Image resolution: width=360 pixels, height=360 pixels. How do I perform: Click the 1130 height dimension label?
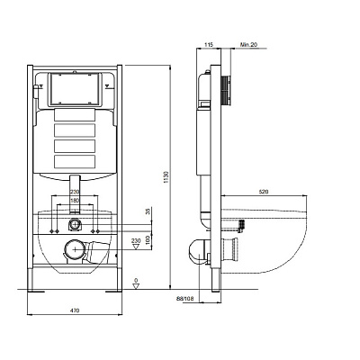(x=166, y=178)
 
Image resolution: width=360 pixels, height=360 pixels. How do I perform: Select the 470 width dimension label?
(x=76, y=310)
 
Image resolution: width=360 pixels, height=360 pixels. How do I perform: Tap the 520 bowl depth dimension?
(x=264, y=192)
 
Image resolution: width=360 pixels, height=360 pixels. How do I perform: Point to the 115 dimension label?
(x=208, y=45)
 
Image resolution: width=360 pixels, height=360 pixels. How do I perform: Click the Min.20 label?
(x=248, y=45)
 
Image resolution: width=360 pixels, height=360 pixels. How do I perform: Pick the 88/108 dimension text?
(x=185, y=299)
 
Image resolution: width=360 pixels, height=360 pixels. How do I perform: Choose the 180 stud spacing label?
(x=74, y=200)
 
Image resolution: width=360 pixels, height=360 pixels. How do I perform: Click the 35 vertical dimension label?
(x=148, y=212)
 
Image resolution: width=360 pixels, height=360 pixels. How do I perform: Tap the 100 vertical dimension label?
(x=148, y=240)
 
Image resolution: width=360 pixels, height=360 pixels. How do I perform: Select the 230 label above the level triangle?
(x=136, y=240)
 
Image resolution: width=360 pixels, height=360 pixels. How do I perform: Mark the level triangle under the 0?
(x=136, y=285)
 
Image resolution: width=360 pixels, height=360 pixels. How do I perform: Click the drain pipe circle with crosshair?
(x=75, y=249)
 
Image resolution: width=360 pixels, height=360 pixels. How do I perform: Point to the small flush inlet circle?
(x=74, y=224)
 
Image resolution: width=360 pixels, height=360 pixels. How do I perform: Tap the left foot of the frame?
(x=36, y=291)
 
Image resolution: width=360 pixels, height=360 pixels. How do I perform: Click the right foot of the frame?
(x=113, y=291)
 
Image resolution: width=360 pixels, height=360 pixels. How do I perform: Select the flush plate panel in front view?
(x=75, y=89)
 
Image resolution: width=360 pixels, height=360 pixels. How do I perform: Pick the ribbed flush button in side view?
(x=226, y=91)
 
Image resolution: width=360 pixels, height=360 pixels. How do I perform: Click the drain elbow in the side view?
(x=199, y=251)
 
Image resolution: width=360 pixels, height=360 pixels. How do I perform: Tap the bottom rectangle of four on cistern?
(x=75, y=161)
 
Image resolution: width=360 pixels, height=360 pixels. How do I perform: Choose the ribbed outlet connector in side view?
(x=229, y=250)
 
